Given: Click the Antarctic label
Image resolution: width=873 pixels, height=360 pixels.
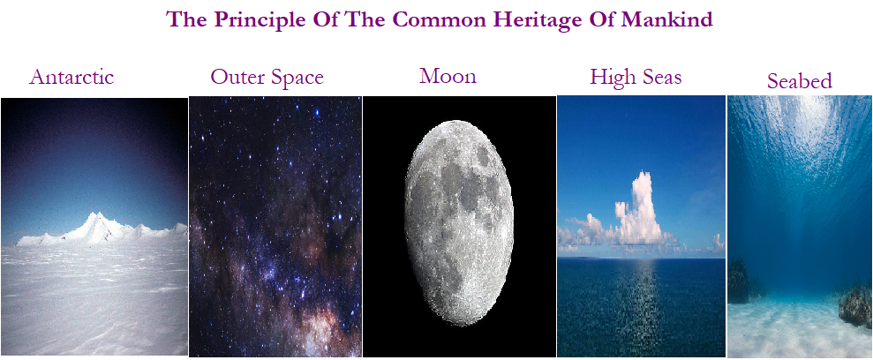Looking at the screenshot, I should pos(71,77).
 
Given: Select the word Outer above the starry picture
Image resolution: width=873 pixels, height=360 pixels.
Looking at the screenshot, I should pos(237,77).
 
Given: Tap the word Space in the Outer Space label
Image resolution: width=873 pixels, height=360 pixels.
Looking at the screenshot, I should pos(297,78).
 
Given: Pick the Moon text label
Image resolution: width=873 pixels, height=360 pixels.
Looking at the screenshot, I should pos(448,76).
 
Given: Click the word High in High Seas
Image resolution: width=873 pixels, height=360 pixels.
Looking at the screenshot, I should pos(612,77).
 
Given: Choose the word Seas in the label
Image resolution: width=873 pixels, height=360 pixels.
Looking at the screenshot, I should pos(660,77).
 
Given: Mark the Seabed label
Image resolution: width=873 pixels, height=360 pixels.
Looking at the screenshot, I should pos(799,81).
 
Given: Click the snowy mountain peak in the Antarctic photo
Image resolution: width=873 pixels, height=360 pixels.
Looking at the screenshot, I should pos(100,220).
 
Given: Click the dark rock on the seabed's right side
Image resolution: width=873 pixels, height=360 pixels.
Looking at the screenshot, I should pos(855,305).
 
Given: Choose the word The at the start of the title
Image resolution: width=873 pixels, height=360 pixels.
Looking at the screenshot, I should pos(186,19).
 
